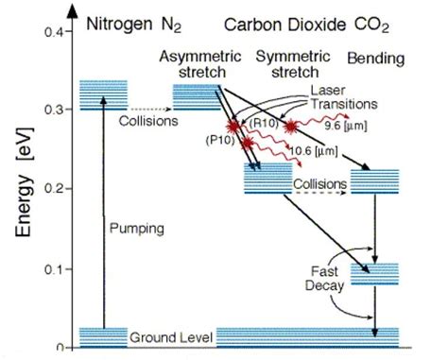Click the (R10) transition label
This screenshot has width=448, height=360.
[x=262, y=122]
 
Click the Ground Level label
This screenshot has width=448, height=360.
[x=170, y=336]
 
